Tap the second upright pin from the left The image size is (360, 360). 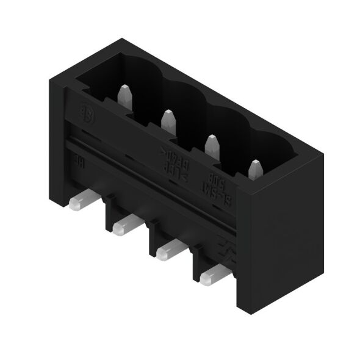pos(168,120)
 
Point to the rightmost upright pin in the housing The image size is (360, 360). pos(255,168)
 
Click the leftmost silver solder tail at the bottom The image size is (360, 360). pos(79,203)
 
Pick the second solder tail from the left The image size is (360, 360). pos(123,226)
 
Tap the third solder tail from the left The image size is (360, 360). pos(167,251)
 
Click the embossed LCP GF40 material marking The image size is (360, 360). pos(173,162)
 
